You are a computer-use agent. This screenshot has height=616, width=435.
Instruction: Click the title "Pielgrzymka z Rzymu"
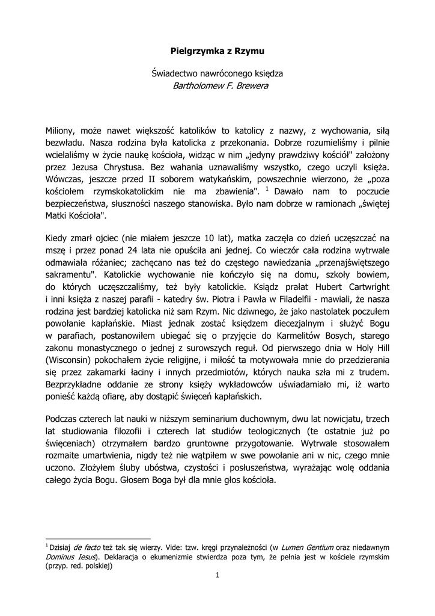click(x=218, y=52)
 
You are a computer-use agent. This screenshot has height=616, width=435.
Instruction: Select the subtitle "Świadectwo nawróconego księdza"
click(x=218, y=73)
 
